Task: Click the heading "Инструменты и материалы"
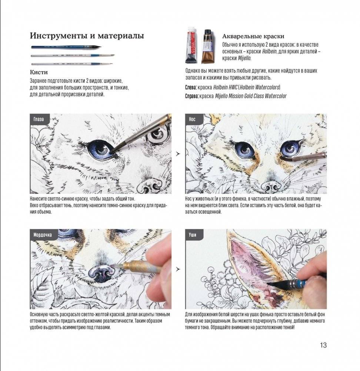coord(87,36)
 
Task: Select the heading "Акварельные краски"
coord(253,36)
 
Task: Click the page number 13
coord(323,345)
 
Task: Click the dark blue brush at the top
coord(65,47)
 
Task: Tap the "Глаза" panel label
coord(38,119)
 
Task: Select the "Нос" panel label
coord(192,119)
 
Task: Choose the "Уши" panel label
coord(193,235)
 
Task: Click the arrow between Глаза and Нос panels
coord(178,153)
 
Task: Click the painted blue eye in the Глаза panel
coord(101,150)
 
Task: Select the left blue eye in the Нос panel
coord(244,149)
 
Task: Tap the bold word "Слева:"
coord(191,87)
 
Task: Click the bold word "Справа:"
coord(192,96)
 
